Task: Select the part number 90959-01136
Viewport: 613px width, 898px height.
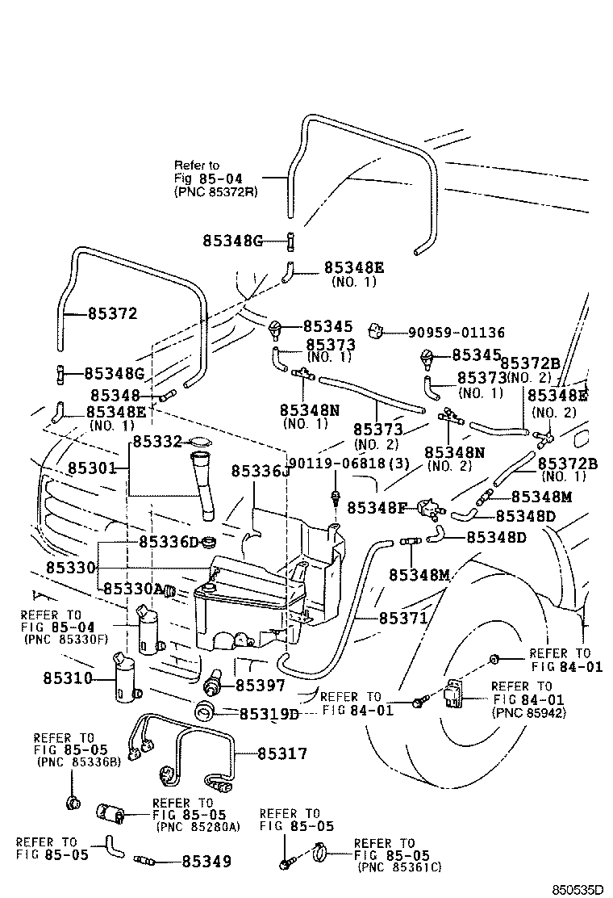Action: coord(456,332)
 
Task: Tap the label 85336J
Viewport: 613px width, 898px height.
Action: coord(260,471)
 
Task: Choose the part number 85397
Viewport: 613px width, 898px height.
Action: coord(261,685)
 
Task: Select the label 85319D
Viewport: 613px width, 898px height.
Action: coord(269,714)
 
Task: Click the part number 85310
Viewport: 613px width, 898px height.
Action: coord(69,678)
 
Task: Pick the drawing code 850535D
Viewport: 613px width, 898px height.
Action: coord(578,889)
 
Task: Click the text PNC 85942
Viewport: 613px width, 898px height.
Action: coord(528,713)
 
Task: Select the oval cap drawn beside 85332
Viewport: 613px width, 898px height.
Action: coord(199,441)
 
